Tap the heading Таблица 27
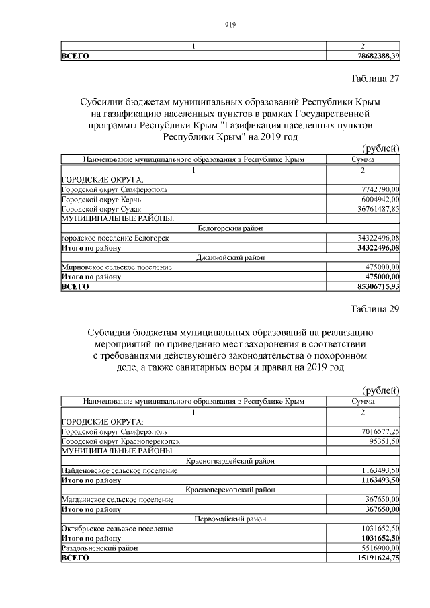[x=375, y=79]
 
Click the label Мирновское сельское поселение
[x=116, y=267]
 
